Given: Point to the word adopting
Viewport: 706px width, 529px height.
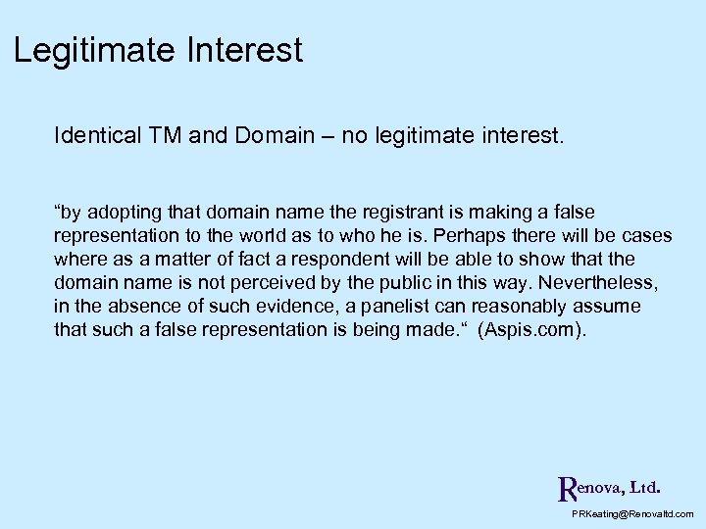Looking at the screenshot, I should pos(122,213).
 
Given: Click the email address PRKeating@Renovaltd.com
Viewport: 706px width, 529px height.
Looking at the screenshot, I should pos(632,513).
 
